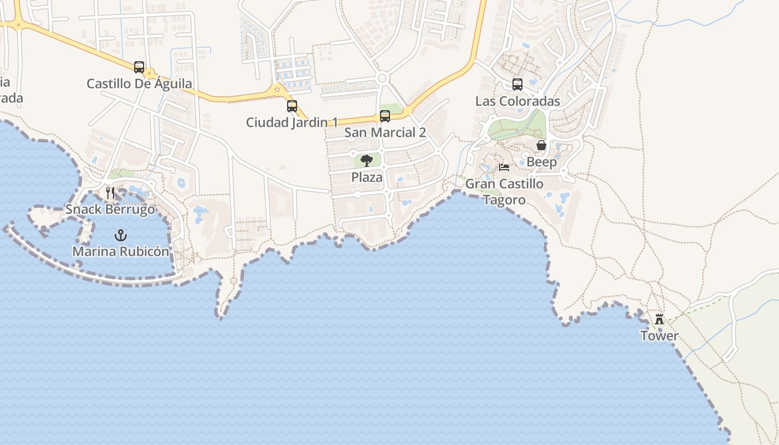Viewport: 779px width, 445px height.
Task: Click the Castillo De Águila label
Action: click(139, 84)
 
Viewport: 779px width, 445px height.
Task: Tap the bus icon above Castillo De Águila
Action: click(139, 67)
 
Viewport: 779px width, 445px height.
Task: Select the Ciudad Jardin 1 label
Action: click(292, 122)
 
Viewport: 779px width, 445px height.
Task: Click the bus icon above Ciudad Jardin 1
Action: click(292, 106)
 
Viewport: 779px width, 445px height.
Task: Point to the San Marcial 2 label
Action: click(385, 132)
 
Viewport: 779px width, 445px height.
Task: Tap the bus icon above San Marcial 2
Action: click(385, 116)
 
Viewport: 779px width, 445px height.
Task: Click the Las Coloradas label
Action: click(517, 101)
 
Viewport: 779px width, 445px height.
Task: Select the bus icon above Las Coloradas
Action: click(517, 85)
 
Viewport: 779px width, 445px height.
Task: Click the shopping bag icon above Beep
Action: click(541, 145)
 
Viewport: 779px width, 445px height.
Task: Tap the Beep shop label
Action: click(541, 162)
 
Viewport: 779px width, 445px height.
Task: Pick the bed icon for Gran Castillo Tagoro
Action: click(504, 167)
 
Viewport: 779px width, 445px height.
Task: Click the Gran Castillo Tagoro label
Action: click(504, 191)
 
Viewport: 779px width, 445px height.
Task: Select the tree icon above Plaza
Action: click(367, 161)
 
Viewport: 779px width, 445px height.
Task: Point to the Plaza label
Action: click(367, 177)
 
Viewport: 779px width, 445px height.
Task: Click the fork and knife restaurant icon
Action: click(110, 193)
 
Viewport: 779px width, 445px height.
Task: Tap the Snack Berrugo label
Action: click(110, 210)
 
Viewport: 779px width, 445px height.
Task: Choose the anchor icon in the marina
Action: click(120, 235)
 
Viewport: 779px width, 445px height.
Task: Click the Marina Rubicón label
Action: click(120, 251)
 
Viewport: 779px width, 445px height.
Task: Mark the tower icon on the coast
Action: click(659, 319)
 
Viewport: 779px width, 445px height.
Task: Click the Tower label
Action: click(659, 336)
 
